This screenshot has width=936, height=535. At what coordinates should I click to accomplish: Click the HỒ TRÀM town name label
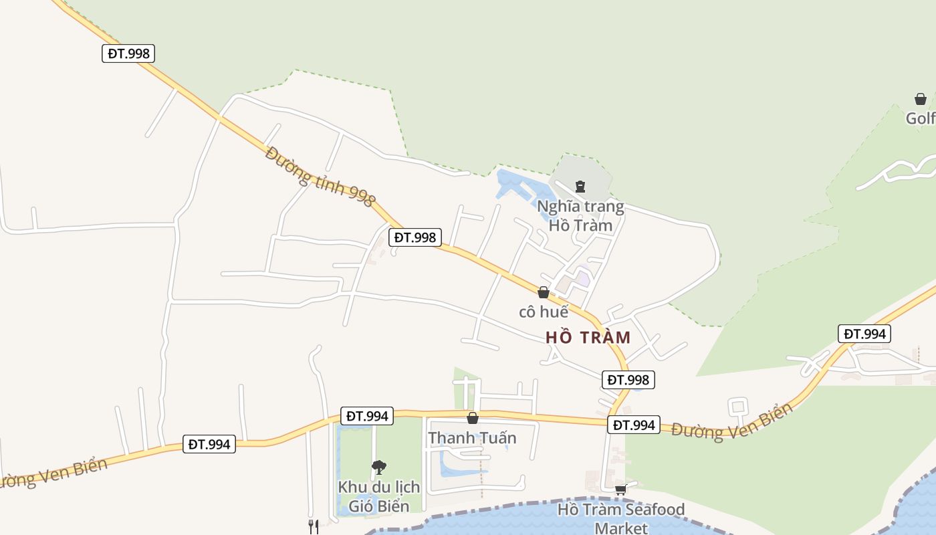[x=588, y=338]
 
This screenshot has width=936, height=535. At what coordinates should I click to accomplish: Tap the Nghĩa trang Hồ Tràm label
[x=580, y=215]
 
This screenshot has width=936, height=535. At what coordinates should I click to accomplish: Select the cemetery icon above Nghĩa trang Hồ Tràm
[x=580, y=187]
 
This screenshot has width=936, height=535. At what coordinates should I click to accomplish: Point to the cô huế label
[x=544, y=312]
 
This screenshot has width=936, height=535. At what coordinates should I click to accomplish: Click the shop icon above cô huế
[x=544, y=292]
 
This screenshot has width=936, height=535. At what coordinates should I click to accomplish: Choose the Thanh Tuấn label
[x=472, y=438]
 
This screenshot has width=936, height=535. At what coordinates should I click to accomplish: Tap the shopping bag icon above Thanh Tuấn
[x=473, y=418]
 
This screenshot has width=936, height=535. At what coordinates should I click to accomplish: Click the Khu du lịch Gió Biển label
[x=379, y=496]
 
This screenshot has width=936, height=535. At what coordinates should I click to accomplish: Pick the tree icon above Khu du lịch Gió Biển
[x=379, y=467]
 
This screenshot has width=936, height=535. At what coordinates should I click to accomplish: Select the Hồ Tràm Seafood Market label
[x=621, y=518]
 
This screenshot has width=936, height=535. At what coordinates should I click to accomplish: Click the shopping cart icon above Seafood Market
[x=621, y=490]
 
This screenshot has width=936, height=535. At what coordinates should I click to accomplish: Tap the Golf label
[x=921, y=118]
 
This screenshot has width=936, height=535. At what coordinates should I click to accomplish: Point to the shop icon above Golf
[x=921, y=99]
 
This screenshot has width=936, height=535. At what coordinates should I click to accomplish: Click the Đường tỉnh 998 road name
[x=320, y=177]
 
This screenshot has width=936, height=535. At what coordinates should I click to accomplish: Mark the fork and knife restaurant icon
[x=313, y=526]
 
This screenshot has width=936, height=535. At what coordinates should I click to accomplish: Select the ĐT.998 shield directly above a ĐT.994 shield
[x=628, y=380]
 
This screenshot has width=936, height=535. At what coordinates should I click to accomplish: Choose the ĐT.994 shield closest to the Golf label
[x=864, y=334]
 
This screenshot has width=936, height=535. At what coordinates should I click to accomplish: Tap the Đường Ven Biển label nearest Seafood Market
[x=733, y=422]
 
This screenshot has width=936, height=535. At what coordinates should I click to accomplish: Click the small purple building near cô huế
[x=584, y=277]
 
